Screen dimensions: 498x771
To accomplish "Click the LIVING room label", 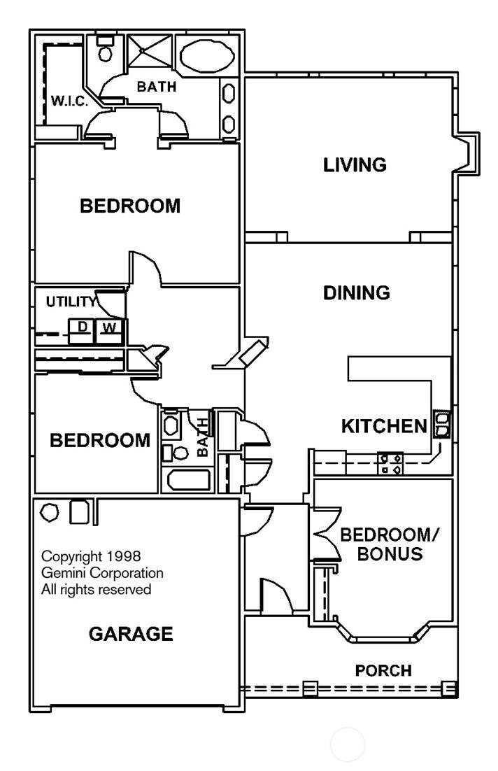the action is click(355, 164).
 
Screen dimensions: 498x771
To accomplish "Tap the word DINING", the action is click(357, 292).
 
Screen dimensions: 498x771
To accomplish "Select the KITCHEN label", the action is click(384, 426).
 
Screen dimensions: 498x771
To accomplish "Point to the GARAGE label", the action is click(131, 634).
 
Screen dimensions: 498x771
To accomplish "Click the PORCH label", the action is click(383, 670).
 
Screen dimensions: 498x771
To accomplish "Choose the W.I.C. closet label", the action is click(69, 101).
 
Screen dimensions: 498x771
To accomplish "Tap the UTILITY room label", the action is click(71, 302).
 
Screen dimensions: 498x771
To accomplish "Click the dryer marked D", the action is click(81, 331).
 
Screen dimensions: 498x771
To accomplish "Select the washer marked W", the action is click(109, 331).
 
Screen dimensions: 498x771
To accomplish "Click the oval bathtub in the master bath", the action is click(206, 56).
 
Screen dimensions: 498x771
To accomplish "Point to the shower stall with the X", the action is click(150, 50).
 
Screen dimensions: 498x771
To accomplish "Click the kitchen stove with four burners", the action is click(390, 464).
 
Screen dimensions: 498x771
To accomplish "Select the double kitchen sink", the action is click(441, 425).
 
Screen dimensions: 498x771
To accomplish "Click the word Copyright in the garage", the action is click(72, 557).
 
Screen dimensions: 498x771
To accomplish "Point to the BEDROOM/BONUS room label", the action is click(390, 544).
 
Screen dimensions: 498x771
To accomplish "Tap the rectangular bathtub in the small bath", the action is click(189, 480).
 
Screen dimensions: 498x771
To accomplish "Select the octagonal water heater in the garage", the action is click(49, 512).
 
